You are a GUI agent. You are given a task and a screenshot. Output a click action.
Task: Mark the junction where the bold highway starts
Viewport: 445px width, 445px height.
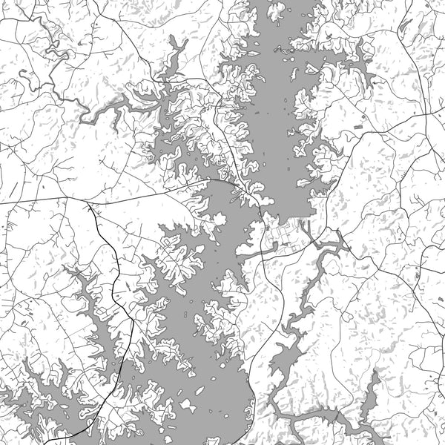(x=88, y=201)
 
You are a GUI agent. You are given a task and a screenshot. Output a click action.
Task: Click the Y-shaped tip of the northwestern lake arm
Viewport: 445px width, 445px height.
(x=178, y=44)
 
